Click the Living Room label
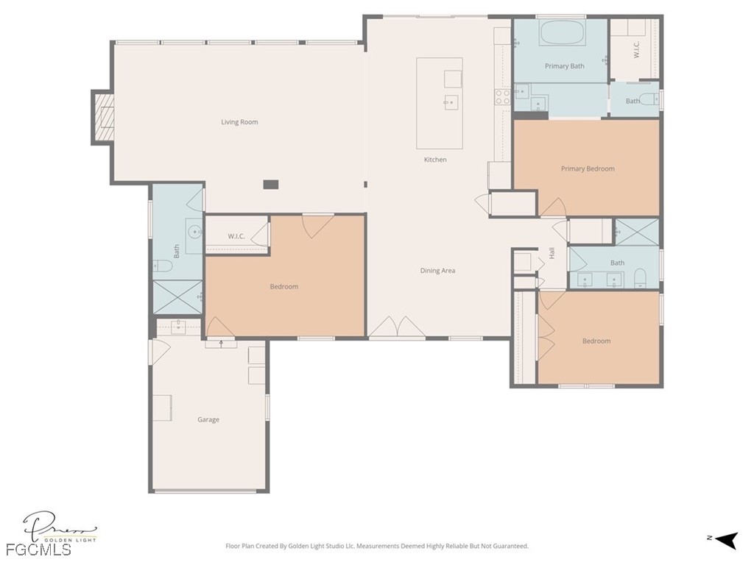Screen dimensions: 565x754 point(239,122)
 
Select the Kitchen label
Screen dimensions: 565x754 point(435,160)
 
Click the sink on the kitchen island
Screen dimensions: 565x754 point(451,102)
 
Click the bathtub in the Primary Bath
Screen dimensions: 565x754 point(562,34)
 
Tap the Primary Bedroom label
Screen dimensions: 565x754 point(587,168)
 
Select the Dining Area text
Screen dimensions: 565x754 point(437,271)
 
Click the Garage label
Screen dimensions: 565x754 point(208,419)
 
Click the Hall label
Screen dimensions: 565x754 point(552,253)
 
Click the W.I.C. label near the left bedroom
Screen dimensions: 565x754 point(236,236)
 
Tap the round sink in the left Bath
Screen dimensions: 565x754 point(195,232)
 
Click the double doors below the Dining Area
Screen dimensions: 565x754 point(397,328)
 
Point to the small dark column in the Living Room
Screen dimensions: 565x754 point(271,185)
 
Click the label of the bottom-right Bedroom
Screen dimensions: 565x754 point(596,341)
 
